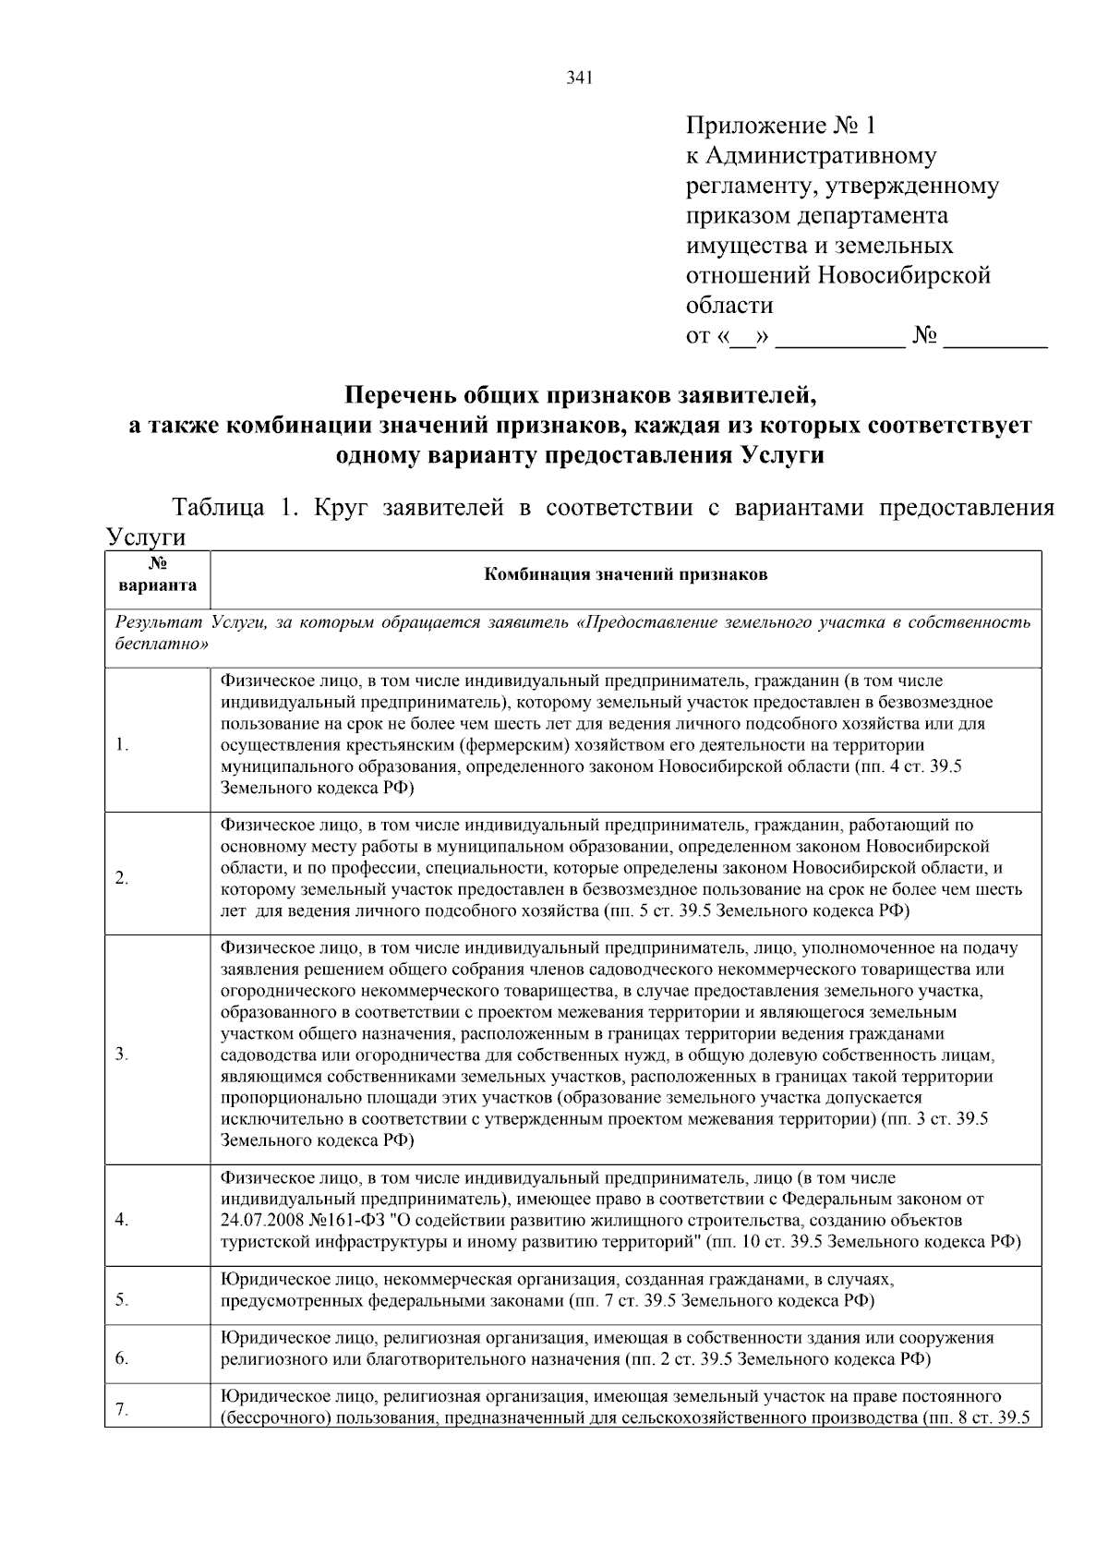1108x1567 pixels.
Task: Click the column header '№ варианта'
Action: [x=157, y=575]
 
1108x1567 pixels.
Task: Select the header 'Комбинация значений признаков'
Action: [x=626, y=574]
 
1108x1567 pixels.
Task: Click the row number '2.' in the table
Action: [x=122, y=878]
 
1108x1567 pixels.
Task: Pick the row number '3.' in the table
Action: [x=122, y=1055]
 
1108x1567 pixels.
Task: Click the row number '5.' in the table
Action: [x=122, y=1300]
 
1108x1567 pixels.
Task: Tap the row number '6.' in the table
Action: [x=122, y=1358]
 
